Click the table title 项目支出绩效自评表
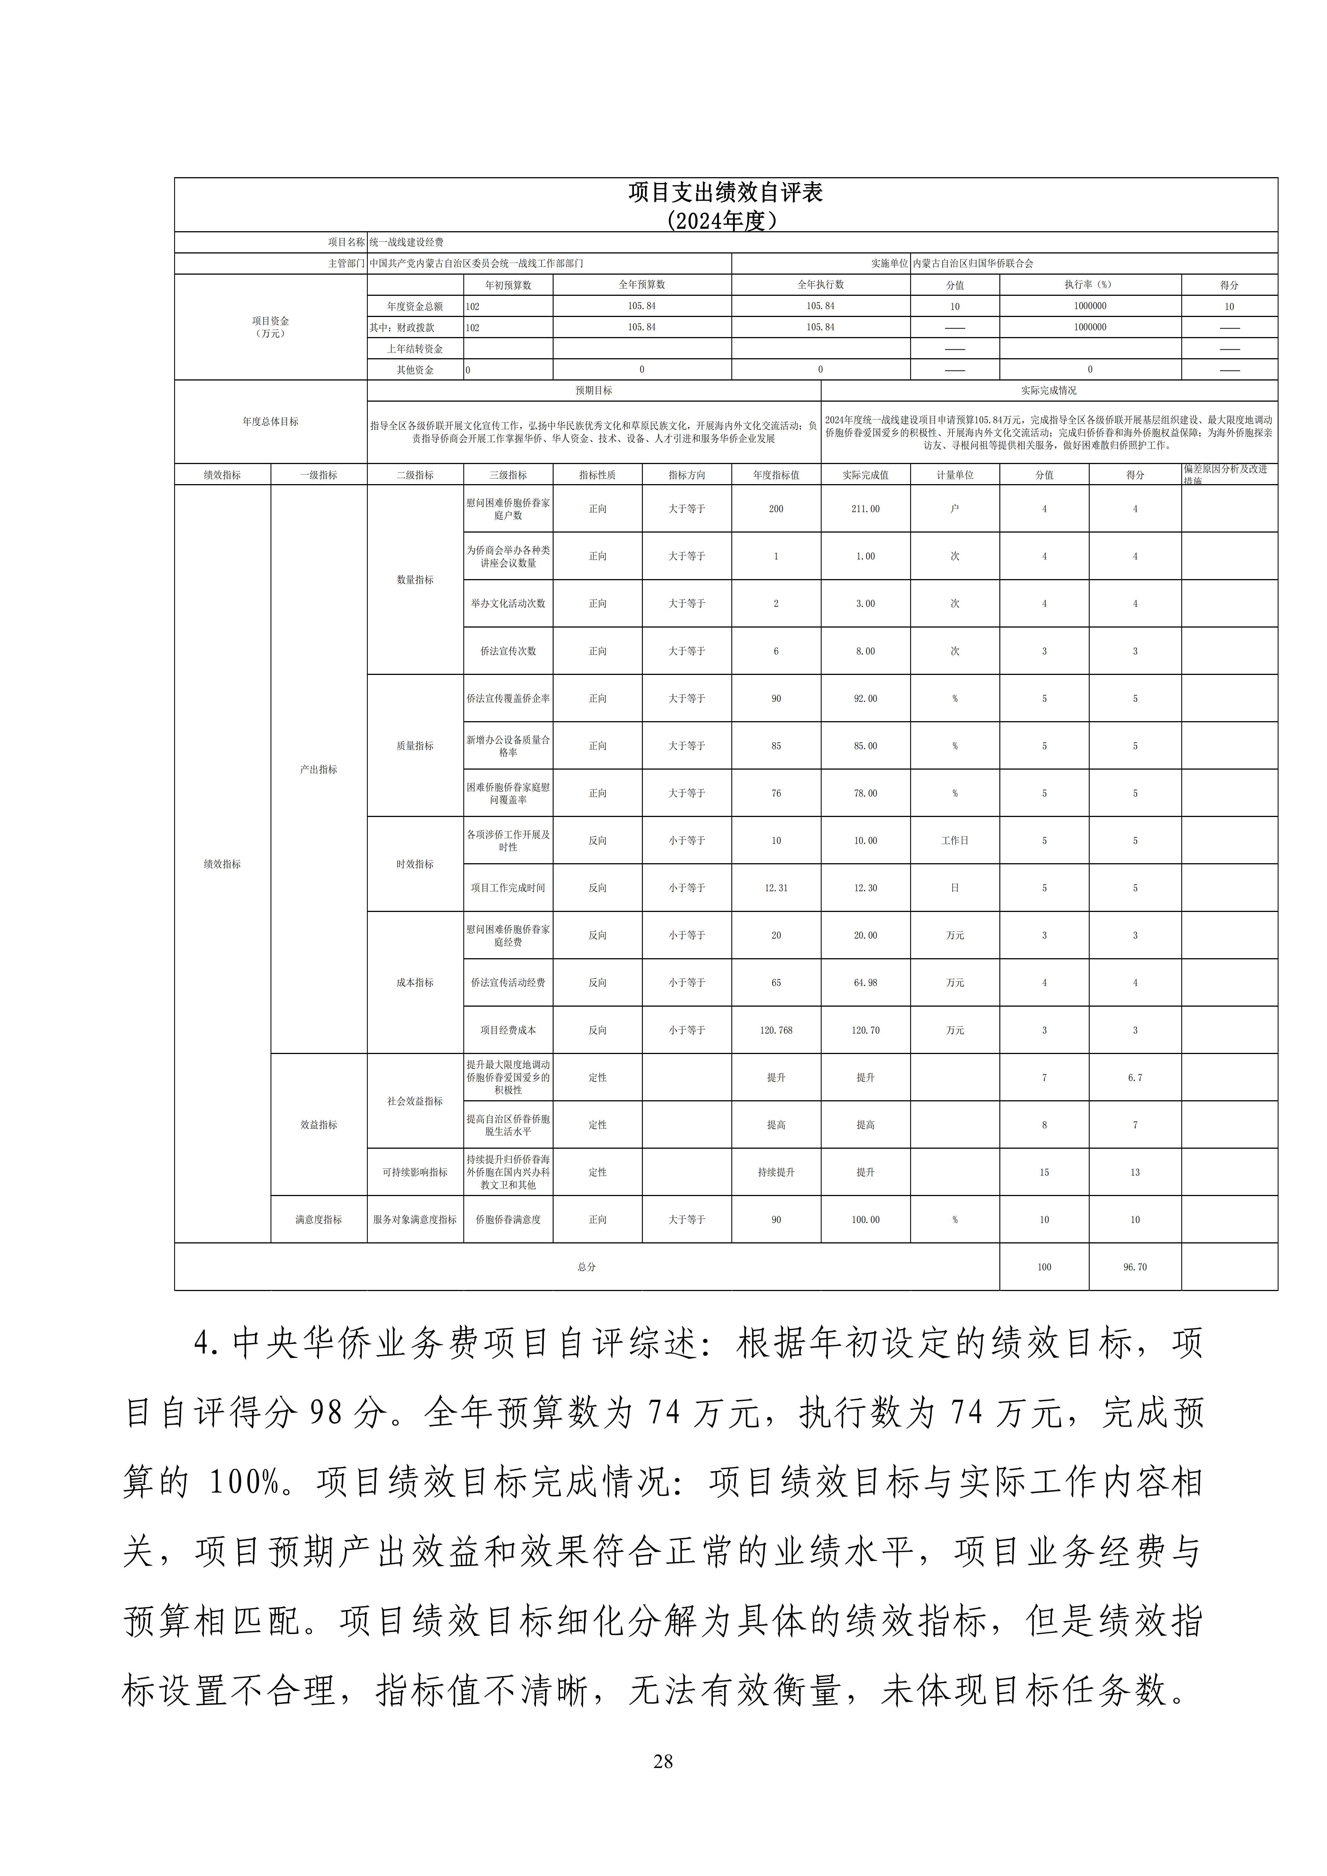[725, 193]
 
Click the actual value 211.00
[865, 509]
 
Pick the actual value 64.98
[865, 983]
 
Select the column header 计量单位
[955, 475]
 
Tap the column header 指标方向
[686, 475]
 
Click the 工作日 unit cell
[955, 841]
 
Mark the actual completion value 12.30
[865, 888]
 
